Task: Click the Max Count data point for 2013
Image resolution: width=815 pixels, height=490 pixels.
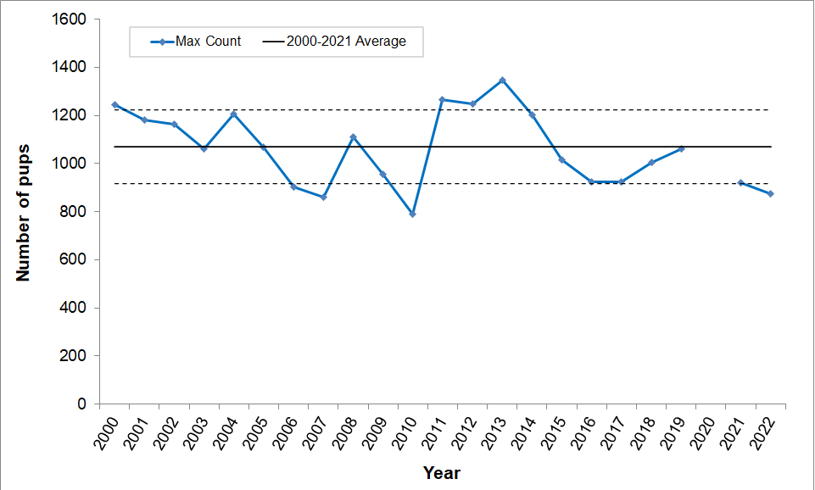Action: click(502, 81)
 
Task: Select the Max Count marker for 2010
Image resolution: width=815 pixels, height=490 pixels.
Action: click(412, 214)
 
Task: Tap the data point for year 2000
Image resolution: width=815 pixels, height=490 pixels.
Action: click(114, 105)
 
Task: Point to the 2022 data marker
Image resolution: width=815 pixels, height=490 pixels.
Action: click(770, 194)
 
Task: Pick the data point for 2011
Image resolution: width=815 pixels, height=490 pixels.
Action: click(443, 100)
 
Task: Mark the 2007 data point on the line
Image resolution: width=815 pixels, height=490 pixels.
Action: click(323, 198)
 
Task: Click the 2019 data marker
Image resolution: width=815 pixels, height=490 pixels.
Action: click(681, 148)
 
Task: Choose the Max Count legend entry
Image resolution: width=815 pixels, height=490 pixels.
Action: click(197, 42)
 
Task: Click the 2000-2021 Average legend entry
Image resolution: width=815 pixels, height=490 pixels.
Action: click(334, 42)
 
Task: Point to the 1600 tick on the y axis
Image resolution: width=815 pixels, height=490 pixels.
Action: click(71, 19)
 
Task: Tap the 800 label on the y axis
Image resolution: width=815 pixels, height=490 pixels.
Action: click(75, 212)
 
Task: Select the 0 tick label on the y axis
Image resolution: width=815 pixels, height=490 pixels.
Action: click(82, 404)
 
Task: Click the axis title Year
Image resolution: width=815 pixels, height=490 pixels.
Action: click(442, 473)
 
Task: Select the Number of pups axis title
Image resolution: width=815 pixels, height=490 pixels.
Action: click(23, 212)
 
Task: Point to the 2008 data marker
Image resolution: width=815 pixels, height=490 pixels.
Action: click(353, 137)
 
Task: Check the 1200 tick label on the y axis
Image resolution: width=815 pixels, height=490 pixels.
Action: click(71, 115)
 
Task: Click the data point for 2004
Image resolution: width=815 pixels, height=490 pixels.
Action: click(233, 114)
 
